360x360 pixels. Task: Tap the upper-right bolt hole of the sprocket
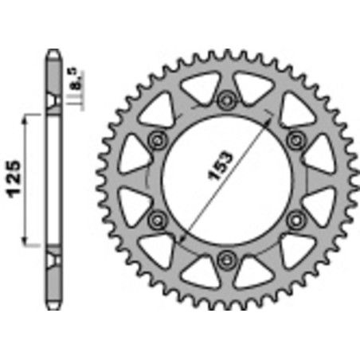coord(296,139)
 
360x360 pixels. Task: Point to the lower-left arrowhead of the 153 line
coord(186,232)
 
